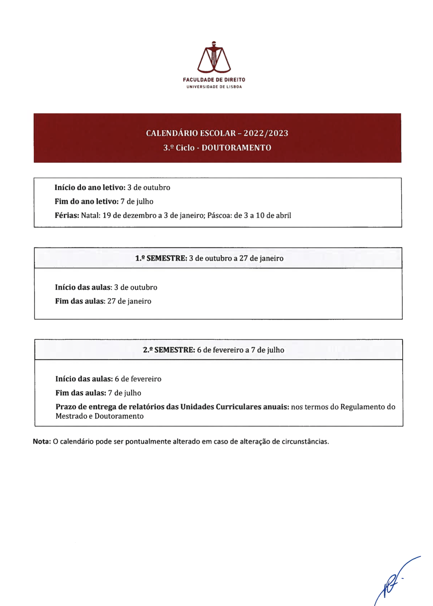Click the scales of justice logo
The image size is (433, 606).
(x=214, y=58)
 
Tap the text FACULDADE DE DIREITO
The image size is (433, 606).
(x=214, y=80)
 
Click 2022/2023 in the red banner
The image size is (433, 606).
(x=266, y=133)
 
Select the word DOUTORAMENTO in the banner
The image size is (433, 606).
(x=236, y=148)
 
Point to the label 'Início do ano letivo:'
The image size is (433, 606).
(x=90, y=188)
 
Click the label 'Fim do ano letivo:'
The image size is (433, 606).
(x=87, y=202)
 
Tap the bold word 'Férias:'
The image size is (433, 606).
(x=67, y=216)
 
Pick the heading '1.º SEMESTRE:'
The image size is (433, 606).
(x=161, y=258)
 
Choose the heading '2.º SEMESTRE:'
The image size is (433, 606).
(x=169, y=350)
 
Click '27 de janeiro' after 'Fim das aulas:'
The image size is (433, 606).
(x=129, y=302)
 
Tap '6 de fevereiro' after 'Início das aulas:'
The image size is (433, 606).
(x=138, y=379)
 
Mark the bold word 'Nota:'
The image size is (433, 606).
(x=42, y=442)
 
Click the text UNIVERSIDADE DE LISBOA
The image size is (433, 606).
(x=214, y=87)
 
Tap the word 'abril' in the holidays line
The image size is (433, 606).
(x=283, y=216)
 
